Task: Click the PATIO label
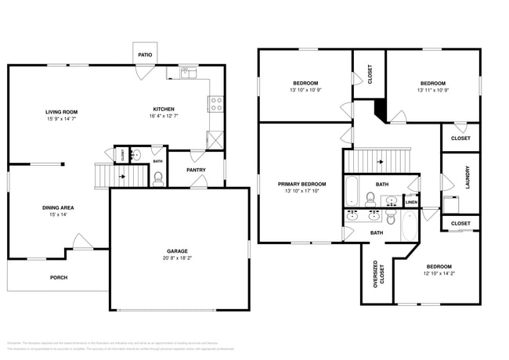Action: pos(145,55)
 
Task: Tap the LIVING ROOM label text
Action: pos(61,112)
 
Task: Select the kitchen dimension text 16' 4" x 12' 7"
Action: pos(163,117)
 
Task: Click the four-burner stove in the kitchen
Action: pos(216,102)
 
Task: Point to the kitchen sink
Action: pos(189,73)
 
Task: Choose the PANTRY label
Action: pos(196,170)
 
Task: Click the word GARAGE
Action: pos(176,250)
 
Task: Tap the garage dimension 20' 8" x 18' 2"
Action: pos(176,257)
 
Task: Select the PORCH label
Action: pos(59,278)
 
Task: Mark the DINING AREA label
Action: pos(58,207)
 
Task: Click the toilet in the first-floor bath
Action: pos(158,178)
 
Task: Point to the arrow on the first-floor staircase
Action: pos(121,177)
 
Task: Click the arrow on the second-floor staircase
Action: pos(381,163)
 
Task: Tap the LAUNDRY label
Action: pos(467,176)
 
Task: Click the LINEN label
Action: pos(411,203)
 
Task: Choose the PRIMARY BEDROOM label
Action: pos(301,184)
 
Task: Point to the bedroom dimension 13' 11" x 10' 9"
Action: pos(432,90)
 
